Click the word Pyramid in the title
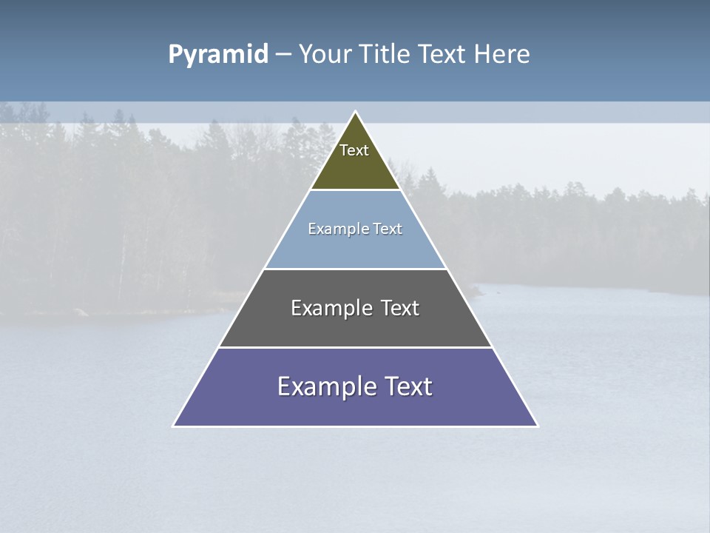pyautogui.click(x=217, y=55)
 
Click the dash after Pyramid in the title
pyautogui.click(x=283, y=55)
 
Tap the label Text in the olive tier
pyautogui.click(x=354, y=150)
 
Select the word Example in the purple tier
pyautogui.click(x=325, y=386)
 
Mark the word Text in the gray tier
pyautogui.click(x=400, y=308)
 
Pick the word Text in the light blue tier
pyautogui.click(x=388, y=229)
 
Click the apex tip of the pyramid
pyautogui.click(x=356, y=113)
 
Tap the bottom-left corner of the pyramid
pyautogui.click(x=174, y=426)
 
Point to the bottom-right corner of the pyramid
pyautogui.click(x=537, y=426)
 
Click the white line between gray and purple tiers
pyautogui.click(x=355, y=347)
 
